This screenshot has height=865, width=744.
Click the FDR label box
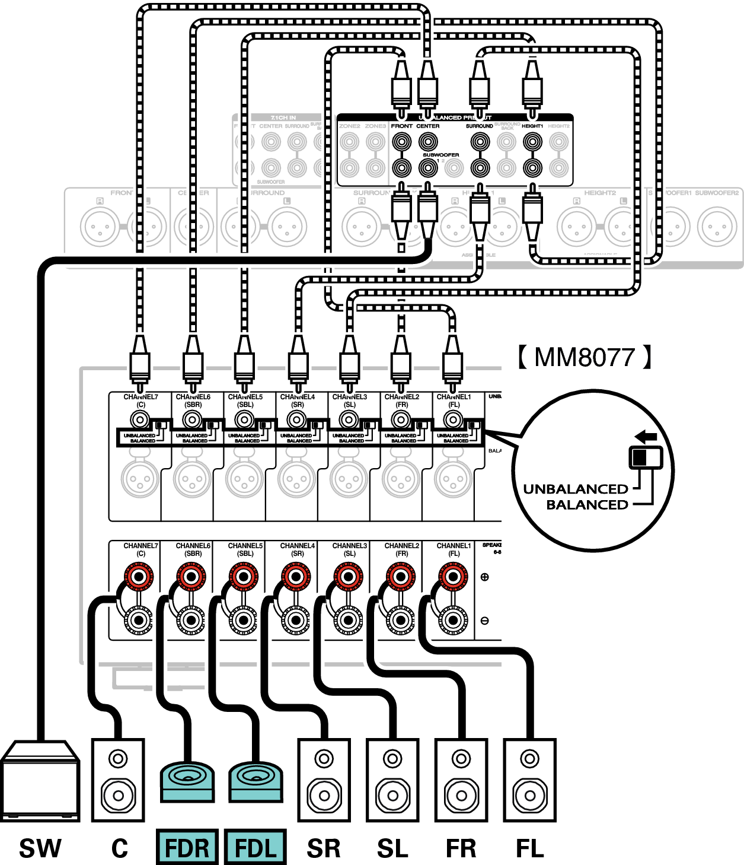tap(187, 847)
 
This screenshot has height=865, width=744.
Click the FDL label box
tap(256, 847)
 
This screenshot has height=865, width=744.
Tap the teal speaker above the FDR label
tap(187, 782)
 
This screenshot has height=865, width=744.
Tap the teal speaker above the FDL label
tap(256, 782)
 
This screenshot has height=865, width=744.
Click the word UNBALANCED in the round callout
tap(575, 489)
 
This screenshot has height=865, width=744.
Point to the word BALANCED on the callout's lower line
tap(587, 505)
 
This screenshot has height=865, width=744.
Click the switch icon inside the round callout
tap(645, 457)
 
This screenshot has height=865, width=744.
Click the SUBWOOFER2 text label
tap(717, 193)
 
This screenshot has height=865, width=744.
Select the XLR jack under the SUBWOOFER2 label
tap(717, 227)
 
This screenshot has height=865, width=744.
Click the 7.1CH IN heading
tap(283, 118)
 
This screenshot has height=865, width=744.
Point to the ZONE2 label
tap(349, 126)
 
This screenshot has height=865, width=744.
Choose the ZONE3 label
tap(375, 126)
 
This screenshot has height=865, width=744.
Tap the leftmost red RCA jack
tap(139, 576)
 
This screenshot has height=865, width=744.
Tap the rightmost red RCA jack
tap(452, 576)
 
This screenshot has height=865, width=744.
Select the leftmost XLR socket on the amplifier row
tap(140, 478)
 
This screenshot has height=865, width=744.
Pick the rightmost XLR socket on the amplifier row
tap(453, 478)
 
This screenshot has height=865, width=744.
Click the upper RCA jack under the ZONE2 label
tap(349, 142)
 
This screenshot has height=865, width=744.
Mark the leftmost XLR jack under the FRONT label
tap(100, 227)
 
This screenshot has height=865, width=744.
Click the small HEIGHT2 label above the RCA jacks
tap(558, 126)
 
